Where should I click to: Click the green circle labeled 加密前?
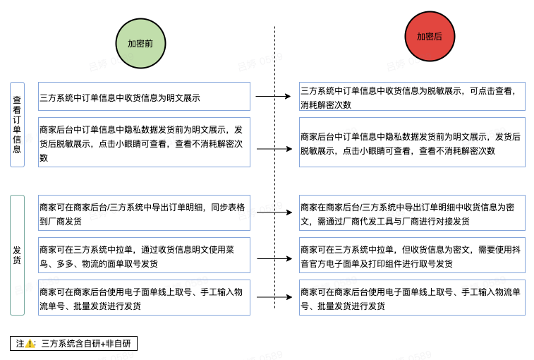pyautogui.click(x=140, y=44)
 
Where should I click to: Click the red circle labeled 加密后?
pyautogui.click(x=430, y=37)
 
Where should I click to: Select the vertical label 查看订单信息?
pyautogui.click(x=17, y=124)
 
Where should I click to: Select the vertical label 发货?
pyautogui.click(x=17, y=255)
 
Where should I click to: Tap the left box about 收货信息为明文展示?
pyautogui.click(x=144, y=97)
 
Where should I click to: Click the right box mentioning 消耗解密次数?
pyautogui.click(x=412, y=97)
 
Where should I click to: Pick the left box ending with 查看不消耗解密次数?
pyautogui.click(x=144, y=143)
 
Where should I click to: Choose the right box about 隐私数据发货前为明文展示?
pyautogui.click(x=412, y=143)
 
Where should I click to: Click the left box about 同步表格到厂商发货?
pyautogui.click(x=144, y=213)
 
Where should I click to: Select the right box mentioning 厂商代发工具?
pyautogui.click(x=412, y=213)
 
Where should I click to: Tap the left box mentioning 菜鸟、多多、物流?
pyautogui.click(x=144, y=256)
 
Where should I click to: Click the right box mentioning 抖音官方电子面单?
pyautogui.click(x=412, y=256)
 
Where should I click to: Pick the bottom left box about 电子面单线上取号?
pyautogui.click(x=144, y=298)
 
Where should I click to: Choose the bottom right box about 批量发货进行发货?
pyautogui.click(x=412, y=298)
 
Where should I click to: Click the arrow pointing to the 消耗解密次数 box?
pyautogui.click(x=273, y=96)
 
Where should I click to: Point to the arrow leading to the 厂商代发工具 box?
pyautogui.click(x=274, y=212)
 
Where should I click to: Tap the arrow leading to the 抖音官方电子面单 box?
pyautogui.click(x=274, y=258)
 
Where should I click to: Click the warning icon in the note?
pyautogui.click(x=30, y=344)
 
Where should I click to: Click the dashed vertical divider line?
pyautogui.click(x=275, y=176)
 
